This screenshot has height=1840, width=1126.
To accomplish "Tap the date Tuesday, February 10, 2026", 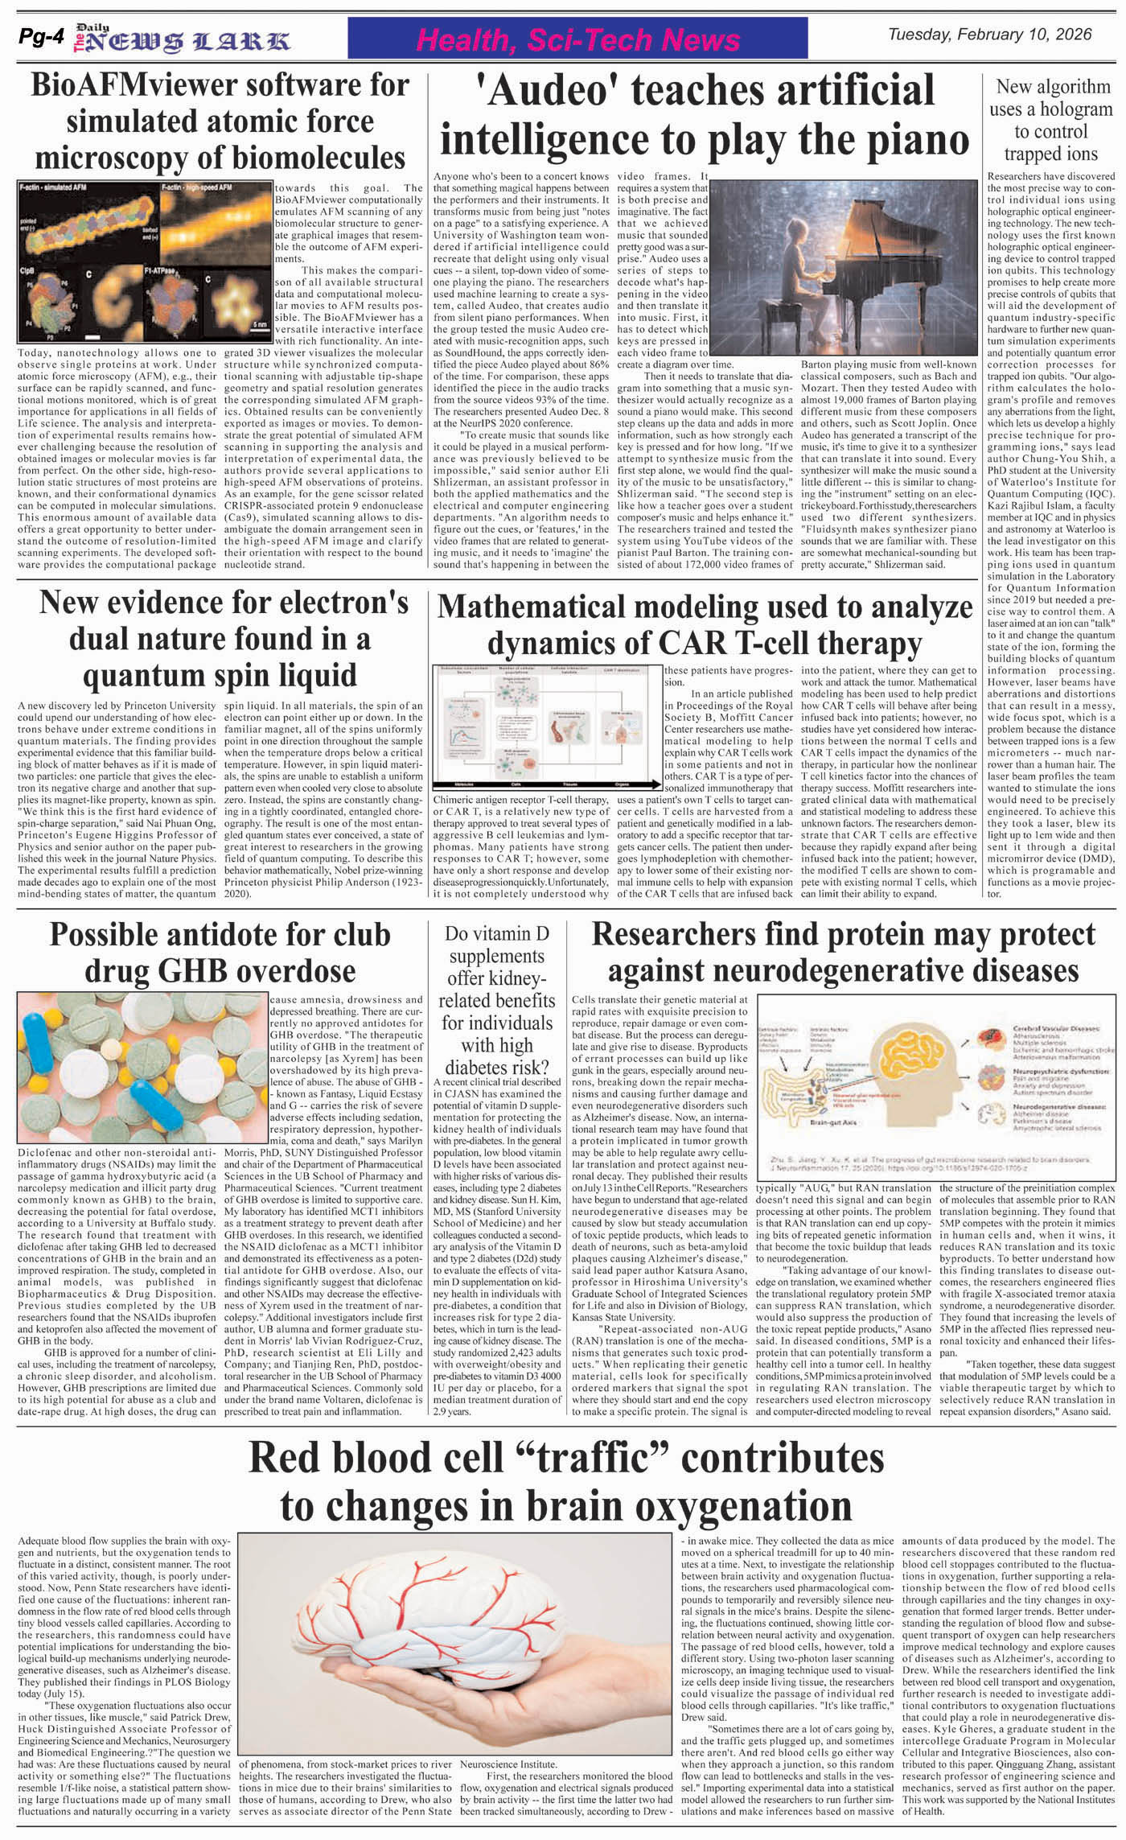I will (x=989, y=35).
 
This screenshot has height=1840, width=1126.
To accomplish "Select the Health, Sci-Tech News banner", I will (x=579, y=39).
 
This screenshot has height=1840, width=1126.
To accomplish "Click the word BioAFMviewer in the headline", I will (x=140, y=86).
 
